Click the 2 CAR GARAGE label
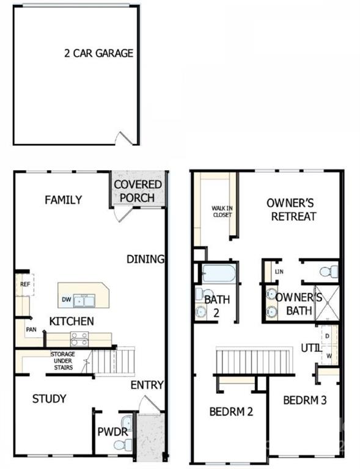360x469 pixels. [x=99, y=53]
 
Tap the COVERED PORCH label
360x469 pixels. [x=138, y=191]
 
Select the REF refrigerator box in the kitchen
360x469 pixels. [x=25, y=285]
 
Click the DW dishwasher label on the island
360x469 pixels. [x=66, y=299]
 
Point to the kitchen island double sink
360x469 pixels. [x=84, y=300]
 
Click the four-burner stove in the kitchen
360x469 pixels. [x=79, y=339]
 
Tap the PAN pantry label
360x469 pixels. [x=31, y=330]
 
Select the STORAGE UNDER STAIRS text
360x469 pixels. [x=63, y=361]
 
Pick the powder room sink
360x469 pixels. [x=127, y=423]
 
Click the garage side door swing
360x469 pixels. [x=124, y=139]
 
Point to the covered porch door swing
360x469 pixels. [x=123, y=213]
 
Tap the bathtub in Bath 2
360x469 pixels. [x=219, y=274]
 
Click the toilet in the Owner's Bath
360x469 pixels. [x=329, y=272]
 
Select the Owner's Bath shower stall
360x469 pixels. [x=327, y=304]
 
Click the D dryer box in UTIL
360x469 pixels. [x=328, y=336]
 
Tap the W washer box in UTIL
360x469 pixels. [x=329, y=355]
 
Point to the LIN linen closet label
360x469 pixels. [x=279, y=272]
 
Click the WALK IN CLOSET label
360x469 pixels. [x=222, y=211]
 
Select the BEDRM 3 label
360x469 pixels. [x=304, y=400]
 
